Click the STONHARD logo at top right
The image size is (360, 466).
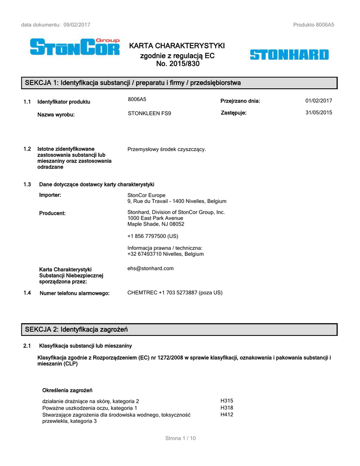(289, 55)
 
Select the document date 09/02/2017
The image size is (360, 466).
(77, 25)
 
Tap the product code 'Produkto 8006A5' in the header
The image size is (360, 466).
(314, 25)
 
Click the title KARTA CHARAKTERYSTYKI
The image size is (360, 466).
(177, 46)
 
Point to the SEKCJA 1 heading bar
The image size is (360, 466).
(180, 83)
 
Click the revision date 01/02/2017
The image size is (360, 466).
(319, 101)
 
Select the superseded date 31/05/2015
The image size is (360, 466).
(319, 112)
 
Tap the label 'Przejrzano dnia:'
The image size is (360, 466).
(240, 101)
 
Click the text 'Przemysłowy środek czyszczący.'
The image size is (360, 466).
(167, 149)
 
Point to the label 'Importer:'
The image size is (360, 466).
(50, 195)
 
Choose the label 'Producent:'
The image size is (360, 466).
(52, 213)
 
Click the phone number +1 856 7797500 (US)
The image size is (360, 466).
(152, 236)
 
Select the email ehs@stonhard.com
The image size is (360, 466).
(151, 268)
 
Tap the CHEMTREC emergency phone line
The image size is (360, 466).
(175, 293)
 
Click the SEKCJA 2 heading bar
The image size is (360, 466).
(180, 329)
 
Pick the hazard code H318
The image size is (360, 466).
(227, 408)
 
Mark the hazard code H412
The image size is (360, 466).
(227, 415)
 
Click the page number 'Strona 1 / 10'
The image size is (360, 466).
(180, 438)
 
